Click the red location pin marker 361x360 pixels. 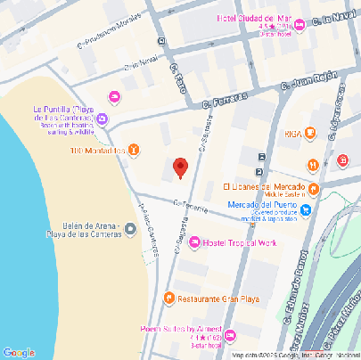[x=180, y=167]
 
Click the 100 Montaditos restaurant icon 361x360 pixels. [x=134, y=149]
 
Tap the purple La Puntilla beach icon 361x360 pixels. [x=103, y=119]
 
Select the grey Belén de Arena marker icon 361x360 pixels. [x=131, y=230]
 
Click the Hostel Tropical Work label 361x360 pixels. [x=242, y=243]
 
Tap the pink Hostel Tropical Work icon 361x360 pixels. [x=194, y=243]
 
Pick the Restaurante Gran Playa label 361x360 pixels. [x=219, y=298]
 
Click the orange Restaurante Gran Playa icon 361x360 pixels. [x=169, y=298]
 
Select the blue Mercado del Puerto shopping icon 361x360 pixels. [x=306, y=209]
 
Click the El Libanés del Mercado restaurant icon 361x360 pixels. [x=314, y=188]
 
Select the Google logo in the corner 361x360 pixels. [x=18, y=352]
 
